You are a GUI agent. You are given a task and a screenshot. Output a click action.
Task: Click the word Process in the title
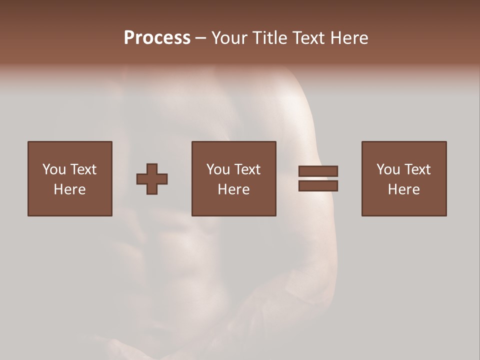click(157, 38)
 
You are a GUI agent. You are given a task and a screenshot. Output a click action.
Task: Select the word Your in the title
click(229, 38)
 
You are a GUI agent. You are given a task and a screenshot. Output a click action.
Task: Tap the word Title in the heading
click(269, 38)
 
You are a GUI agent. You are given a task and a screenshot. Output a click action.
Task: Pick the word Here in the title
click(350, 38)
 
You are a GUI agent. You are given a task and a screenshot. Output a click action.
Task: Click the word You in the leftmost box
click(53, 169)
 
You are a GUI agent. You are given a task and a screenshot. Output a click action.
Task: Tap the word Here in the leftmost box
click(69, 189)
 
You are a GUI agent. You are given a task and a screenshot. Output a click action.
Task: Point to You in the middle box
click(218, 169)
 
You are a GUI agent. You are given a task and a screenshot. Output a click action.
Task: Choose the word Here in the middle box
click(234, 189)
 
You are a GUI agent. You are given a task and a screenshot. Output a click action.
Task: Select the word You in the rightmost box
click(388, 169)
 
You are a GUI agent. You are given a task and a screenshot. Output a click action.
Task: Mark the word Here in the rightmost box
click(404, 189)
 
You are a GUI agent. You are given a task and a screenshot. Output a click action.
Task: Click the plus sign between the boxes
click(152, 179)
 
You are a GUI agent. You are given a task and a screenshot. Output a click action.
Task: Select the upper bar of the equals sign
click(318, 171)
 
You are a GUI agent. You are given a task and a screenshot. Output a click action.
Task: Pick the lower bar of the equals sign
click(318, 186)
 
